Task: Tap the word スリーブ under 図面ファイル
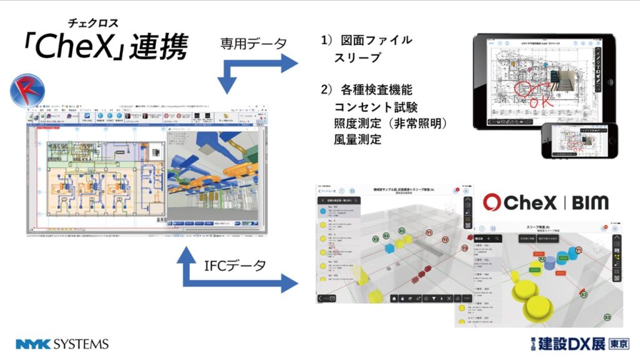(x=357, y=57)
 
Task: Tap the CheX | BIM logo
(x=545, y=202)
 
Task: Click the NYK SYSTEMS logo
(x=62, y=344)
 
